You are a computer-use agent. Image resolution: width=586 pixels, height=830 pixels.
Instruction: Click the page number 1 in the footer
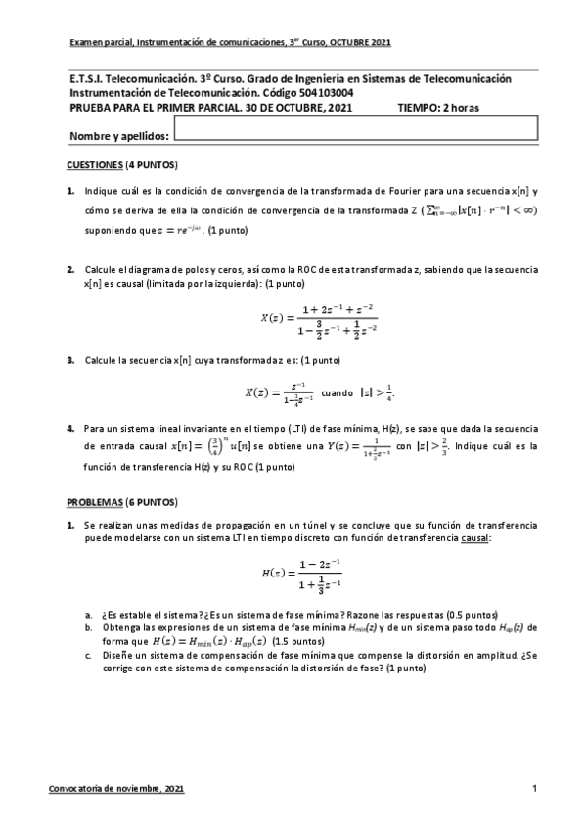pyautogui.click(x=534, y=788)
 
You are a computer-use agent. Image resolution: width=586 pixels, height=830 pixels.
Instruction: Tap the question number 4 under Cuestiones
pyautogui.click(x=70, y=428)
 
